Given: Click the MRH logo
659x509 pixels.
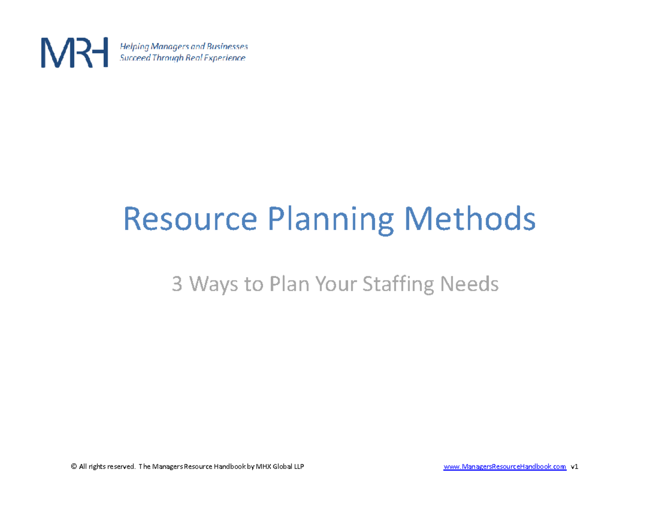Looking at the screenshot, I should (x=74, y=53).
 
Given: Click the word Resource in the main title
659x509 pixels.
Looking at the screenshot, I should (x=189, y=219).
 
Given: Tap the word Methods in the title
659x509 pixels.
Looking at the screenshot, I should (x=470, y=219).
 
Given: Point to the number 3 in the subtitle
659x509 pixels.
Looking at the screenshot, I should (x=177, y=284).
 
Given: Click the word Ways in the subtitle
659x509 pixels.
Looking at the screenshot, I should (x=211, y=285).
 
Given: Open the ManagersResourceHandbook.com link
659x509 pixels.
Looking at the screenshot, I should (x=504, y=467).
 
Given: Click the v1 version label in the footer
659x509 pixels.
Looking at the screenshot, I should (x=575, y=467).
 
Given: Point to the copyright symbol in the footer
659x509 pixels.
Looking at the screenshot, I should (x=74, y=467).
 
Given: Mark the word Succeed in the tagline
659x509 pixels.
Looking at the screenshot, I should (x=135, y=58).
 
